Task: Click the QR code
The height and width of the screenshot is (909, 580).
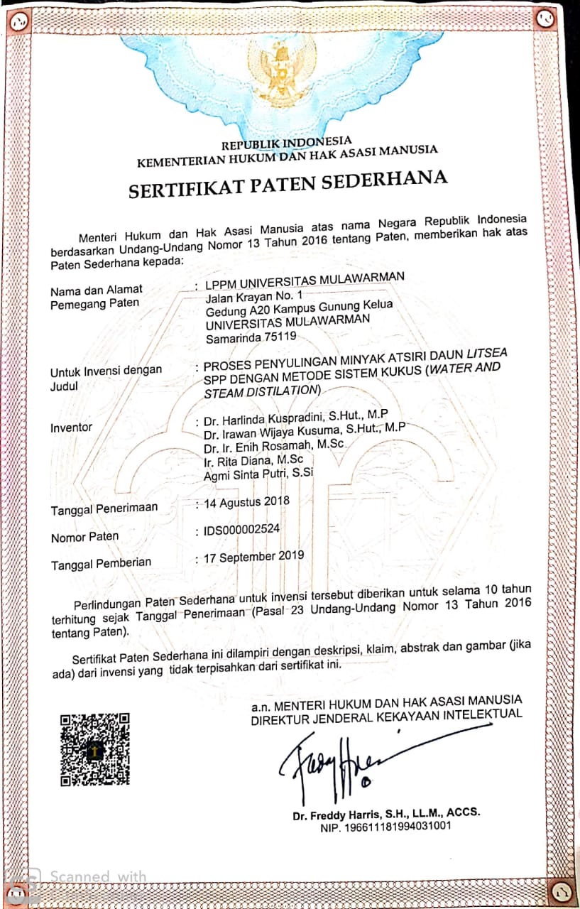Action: [94, 749]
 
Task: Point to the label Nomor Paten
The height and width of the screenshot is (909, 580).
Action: [84, 538]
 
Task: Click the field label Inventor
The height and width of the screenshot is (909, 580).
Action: [71, 428]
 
